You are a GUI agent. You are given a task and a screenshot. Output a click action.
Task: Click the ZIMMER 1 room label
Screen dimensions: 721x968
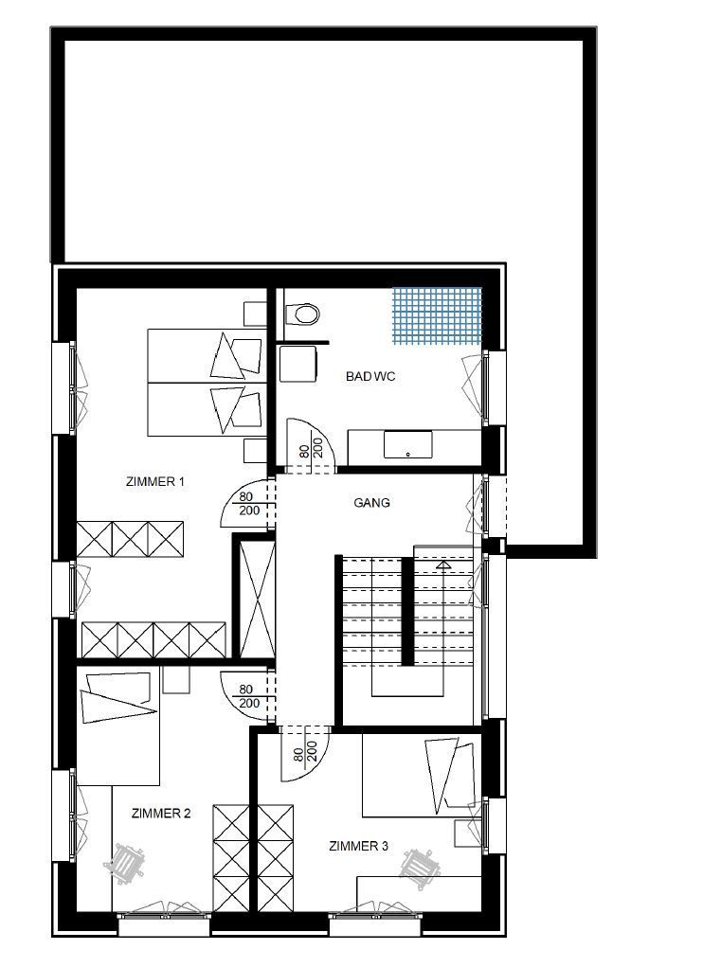(155, 482)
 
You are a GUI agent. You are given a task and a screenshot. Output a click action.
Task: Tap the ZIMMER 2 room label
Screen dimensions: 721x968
(161, 814)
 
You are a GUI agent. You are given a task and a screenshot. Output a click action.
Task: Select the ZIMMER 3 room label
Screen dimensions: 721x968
(359, 847)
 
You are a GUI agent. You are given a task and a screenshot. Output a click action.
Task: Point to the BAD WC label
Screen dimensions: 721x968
(370, 377)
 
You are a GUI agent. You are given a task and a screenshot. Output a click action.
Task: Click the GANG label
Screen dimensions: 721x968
(371, 503)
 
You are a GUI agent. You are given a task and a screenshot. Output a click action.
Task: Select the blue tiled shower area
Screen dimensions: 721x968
(437, 315)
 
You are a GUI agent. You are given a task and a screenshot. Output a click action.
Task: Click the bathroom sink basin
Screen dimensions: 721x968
(408, 444)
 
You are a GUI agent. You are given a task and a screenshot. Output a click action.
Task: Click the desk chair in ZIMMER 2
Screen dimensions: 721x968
(125, 861)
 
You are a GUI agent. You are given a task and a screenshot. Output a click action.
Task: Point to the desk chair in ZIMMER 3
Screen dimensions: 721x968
(421, 868)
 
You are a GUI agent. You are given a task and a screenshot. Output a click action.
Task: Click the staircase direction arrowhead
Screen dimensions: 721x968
(443, 565)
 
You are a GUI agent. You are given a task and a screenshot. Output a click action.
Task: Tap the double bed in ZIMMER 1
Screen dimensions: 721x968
(207, 383)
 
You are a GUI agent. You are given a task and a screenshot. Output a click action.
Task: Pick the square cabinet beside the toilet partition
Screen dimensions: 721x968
(298, 365)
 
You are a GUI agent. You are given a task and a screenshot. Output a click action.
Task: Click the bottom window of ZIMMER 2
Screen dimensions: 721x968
(164, 923)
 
